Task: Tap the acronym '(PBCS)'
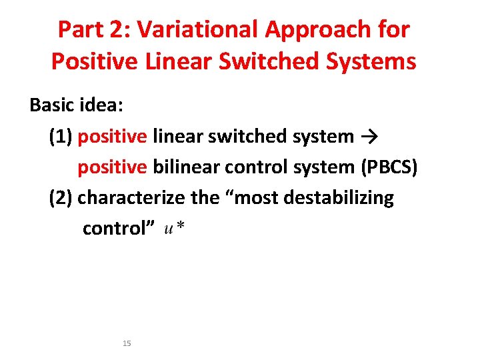[x=389, y=167]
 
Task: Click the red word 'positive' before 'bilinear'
[x=112, y=167]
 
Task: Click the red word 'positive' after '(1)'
[x=112, y=137]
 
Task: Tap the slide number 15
[x=127, y=343]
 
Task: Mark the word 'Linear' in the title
[x=179, y=61]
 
